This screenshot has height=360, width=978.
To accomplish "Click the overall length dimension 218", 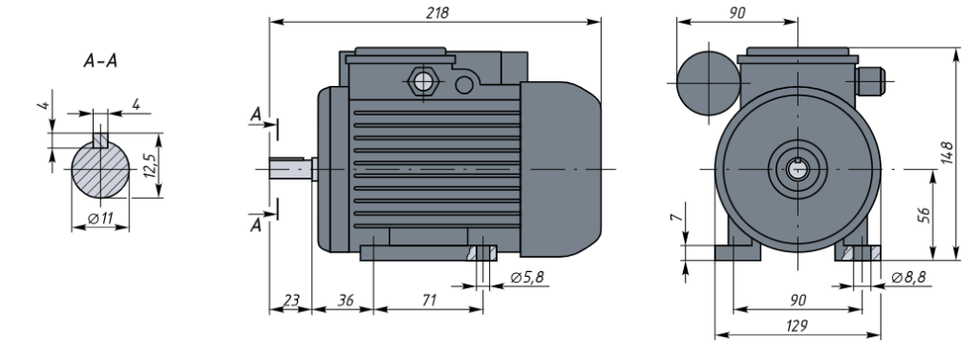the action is (x=436, y=12).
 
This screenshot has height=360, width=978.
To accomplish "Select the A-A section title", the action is (x=100, y=61).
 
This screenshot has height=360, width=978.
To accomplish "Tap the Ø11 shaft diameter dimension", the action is (x=100, y=219).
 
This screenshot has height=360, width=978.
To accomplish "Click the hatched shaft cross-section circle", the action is (x=100, y=169).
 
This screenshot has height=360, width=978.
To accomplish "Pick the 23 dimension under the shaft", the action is (x=291, y=300).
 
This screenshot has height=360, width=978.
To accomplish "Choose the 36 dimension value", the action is (x=346, y=300).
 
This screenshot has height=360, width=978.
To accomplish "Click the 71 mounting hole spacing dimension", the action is (x=429, y=300).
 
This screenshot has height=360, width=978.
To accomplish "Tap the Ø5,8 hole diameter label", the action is (x=527, y=277).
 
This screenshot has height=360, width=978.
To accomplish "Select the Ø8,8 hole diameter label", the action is (x=909, y=277).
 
